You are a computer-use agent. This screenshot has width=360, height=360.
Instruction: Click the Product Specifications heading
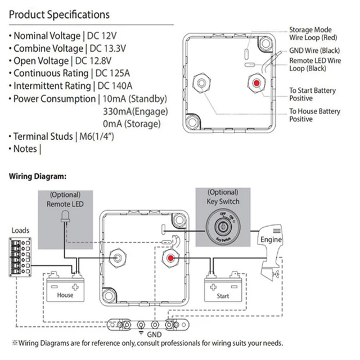click(59, 14)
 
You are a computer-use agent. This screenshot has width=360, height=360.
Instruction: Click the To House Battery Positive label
click(314, 115)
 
